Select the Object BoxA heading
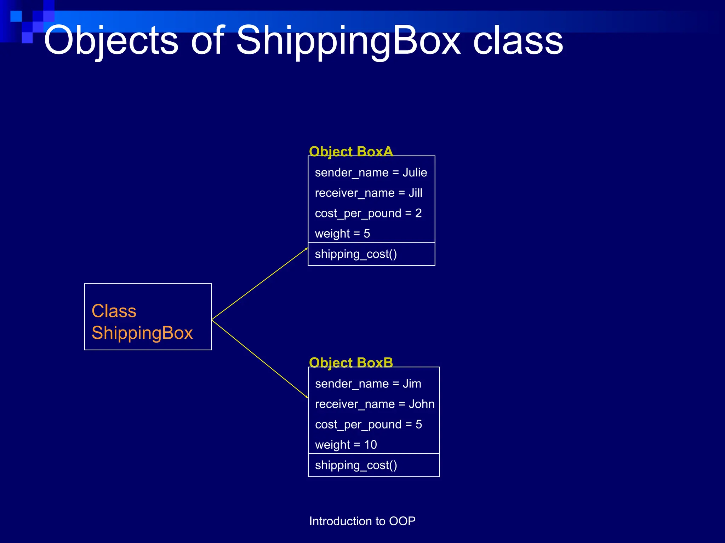[x=351, y=151]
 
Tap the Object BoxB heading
[x=351, y=362]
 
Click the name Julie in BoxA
[x=415, y=173]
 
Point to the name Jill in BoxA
[x=415, y=193]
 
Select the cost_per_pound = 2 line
[x=368, y=213]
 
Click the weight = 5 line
[x=342, y=234]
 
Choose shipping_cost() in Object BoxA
[x=356, y=254]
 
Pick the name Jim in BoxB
[x=412, y=384]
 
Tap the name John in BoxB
[x=421, y=404]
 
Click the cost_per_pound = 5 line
[x=368, y=424]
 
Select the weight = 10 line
[x=346, y=445]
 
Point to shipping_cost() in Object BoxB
[x=356, y=465]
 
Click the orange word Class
[x=114, y=311]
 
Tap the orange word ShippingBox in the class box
[x=142, y=333]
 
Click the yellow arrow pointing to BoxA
[x=259, y=284]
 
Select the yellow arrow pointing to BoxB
[x=259, y=358]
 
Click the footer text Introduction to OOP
[x=362, y=521]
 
